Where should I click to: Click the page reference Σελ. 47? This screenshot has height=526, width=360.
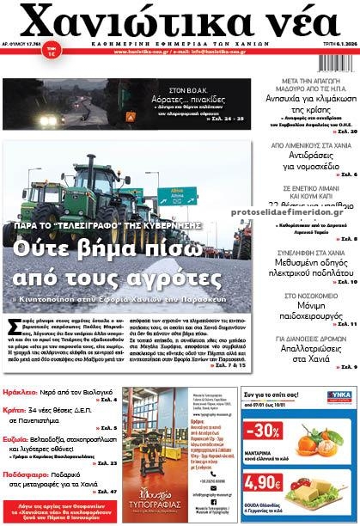105,492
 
